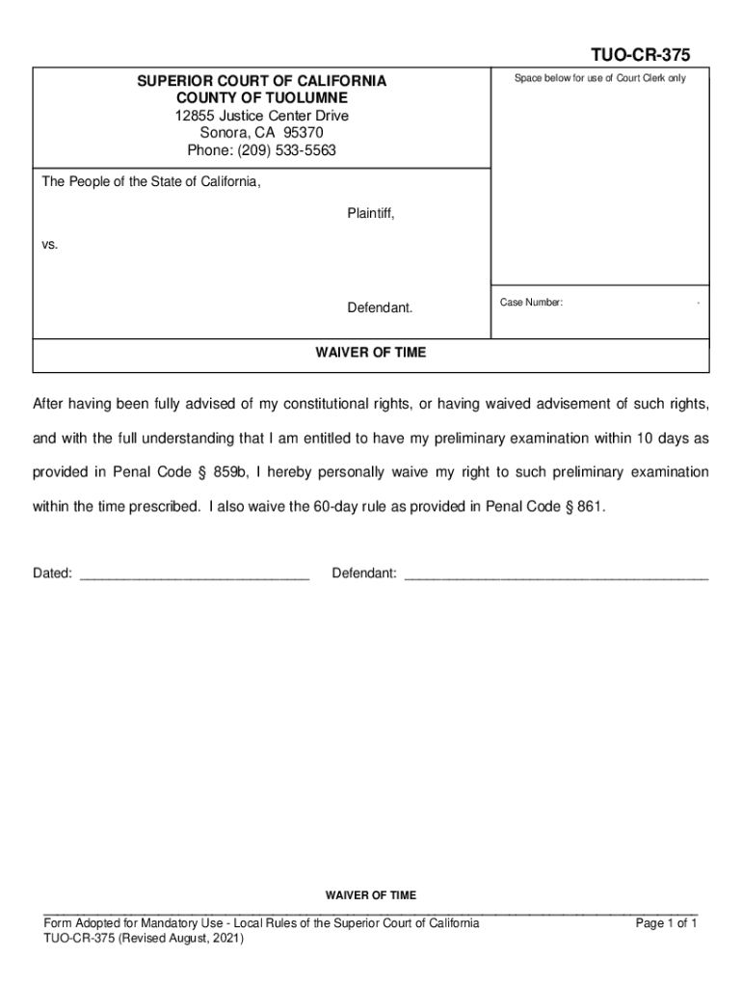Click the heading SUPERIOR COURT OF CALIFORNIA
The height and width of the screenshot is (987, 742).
(261, 82)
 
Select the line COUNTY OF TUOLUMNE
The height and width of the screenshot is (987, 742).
(261, 98)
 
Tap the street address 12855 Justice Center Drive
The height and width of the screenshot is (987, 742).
(261, 116)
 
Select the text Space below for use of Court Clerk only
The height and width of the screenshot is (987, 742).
(599, 79)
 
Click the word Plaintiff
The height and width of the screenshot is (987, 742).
(370, 213)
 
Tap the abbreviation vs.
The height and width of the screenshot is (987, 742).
(50, 245)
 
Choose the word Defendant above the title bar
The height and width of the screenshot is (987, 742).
(380, 308)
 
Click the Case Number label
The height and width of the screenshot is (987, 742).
(531, 303)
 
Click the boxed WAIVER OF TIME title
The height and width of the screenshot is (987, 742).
(371, 353)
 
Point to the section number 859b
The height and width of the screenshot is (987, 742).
(230, 472)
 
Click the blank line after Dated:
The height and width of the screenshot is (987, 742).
(194, 574)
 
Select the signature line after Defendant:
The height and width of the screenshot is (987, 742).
(556, 574)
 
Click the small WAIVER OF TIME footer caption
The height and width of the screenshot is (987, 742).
(371, 895)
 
